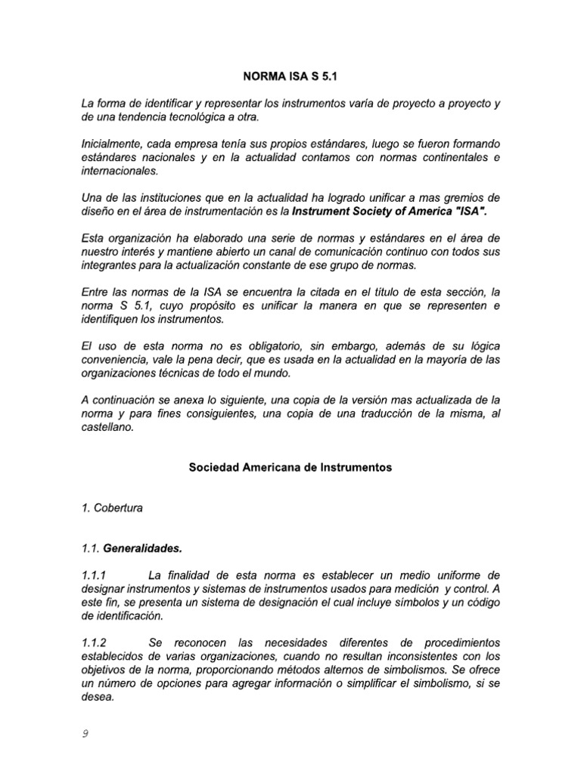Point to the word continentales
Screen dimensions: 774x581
click(x=449, y=157)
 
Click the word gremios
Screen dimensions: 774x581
click(x=460, y=197)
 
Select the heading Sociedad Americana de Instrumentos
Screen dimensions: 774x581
click(x=290, y=467)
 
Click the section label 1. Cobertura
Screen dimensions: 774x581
click(x=112, y=508)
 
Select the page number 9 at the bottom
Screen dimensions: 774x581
click(x=85, y=732)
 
